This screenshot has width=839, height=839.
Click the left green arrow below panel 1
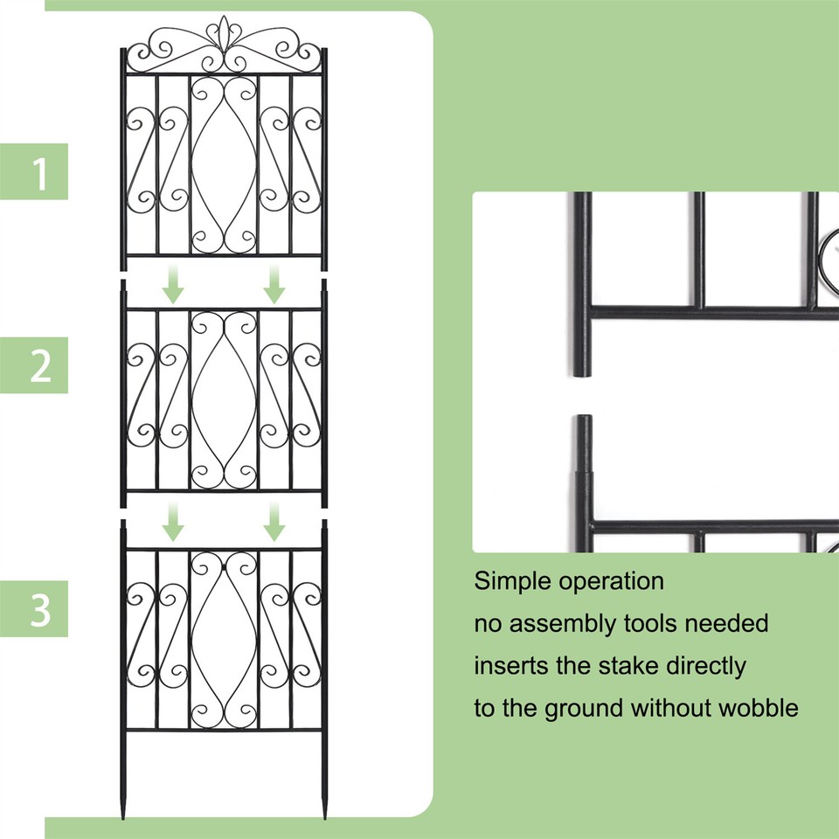pos(174,286)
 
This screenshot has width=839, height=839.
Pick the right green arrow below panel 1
pos(275,286)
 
